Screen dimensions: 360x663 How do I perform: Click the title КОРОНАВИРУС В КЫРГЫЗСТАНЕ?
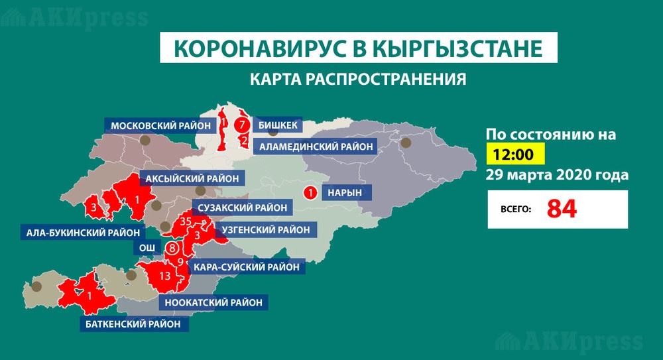click(x=359, y=49)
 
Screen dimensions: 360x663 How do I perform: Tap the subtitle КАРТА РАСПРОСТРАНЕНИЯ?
click(x=358, y=80)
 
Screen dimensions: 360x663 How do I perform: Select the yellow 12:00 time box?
click(x=516, y=155)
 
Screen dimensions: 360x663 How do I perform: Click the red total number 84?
click(x=562, y=209)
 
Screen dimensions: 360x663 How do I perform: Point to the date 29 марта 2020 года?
click(x=557, y=176)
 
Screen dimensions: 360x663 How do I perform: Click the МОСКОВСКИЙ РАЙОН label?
click(x=160, y=125)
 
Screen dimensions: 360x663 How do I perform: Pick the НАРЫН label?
click(x=345, y=193)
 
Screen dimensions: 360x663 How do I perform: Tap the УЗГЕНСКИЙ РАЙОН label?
click(x=266, y=229)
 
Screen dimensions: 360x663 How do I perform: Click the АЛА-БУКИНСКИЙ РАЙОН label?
click(x=83, y=232)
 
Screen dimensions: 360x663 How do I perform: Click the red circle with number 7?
click(x=243, y=125)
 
